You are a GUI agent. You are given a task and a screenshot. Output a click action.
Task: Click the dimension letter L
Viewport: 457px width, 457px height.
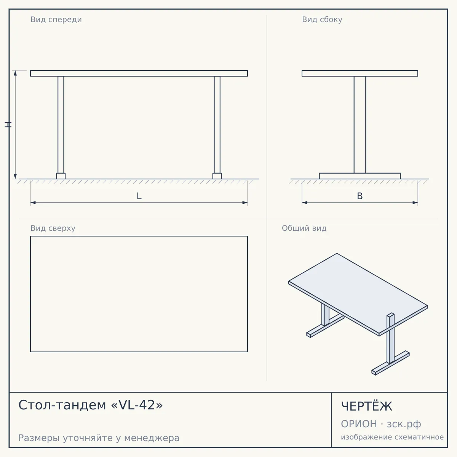139,196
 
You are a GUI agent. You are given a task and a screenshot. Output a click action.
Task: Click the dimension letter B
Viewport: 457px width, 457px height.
360,196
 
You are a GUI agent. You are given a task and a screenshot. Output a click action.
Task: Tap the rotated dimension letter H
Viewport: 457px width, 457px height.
8,125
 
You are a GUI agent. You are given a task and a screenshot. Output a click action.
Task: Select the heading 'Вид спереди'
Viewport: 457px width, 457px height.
56,19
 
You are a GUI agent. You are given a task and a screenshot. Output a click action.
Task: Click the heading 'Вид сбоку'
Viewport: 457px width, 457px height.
322,19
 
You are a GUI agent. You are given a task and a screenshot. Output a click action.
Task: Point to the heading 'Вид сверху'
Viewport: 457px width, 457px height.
53,228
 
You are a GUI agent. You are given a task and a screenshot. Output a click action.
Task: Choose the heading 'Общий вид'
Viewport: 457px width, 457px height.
304,228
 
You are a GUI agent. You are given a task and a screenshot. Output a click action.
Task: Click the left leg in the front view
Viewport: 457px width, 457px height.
61,125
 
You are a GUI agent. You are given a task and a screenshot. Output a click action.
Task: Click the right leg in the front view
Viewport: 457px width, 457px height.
217,125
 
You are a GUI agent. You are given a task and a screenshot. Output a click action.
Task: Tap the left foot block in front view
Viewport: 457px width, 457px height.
61,176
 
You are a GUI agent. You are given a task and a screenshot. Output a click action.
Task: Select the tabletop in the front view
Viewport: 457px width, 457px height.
139,73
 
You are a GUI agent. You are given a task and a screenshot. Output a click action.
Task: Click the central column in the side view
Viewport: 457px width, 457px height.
360,125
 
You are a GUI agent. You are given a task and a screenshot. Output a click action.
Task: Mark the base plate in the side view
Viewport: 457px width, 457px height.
360,176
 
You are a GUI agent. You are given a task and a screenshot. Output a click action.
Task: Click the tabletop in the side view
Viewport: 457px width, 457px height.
360,73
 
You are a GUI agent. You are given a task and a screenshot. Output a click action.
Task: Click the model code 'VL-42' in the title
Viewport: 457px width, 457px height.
137,405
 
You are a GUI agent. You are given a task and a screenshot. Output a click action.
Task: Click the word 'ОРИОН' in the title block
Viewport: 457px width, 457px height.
359,424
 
